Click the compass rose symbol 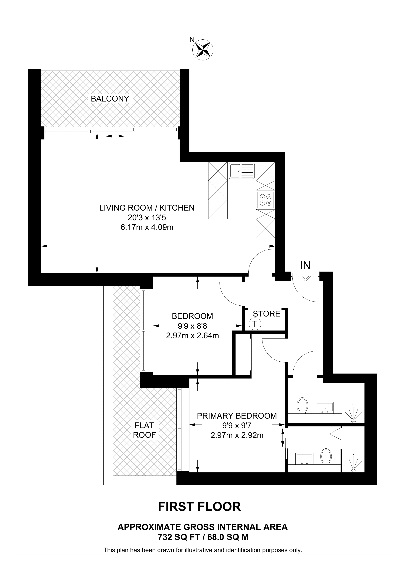point(203,50)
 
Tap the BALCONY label point(110,99)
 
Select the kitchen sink point(242,171)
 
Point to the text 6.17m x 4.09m point(147,227)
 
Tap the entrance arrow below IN point(305,277)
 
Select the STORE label point(266,314)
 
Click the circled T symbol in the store point(255,324)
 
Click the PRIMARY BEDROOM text point(237,416)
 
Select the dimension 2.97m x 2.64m point(192,336)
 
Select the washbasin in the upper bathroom point(325,407)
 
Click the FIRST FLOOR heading point(199,507)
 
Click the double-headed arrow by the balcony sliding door point(115,136)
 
